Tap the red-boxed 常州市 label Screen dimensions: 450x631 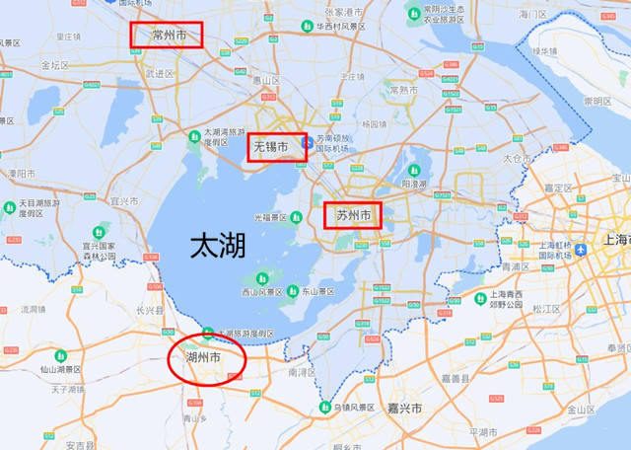point(168,36)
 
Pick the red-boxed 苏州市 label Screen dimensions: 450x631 point(353,214)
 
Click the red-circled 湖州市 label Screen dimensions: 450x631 point(204,356)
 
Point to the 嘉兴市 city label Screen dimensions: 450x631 point(404,408)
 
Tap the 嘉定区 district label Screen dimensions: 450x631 point(558,187)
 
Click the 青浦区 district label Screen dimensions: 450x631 point(515,266)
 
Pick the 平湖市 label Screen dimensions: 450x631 point(483,431)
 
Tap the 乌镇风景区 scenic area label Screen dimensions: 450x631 point(351,407)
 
